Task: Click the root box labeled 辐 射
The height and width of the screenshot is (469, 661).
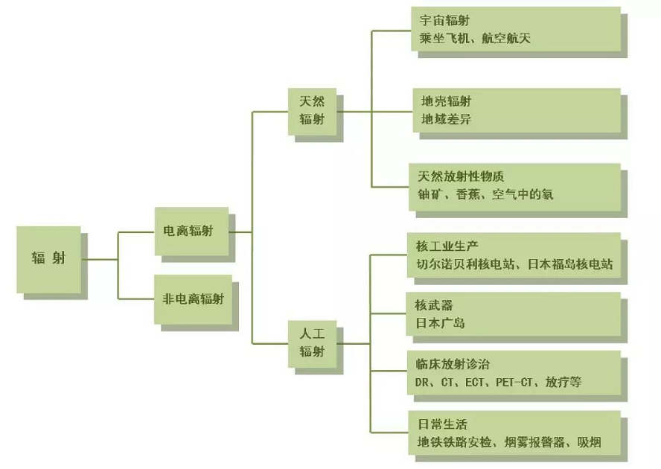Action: (48, 259)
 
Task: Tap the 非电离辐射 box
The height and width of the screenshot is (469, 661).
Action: (193, 299)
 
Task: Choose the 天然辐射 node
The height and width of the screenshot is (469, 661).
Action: (312, 110)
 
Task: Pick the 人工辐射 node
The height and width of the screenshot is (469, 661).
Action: (312, 342)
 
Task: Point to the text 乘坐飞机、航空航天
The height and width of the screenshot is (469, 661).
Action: (475, 39)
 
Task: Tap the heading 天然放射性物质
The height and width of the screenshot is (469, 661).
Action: (462, 177)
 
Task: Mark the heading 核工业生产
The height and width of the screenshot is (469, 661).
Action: (447, 246)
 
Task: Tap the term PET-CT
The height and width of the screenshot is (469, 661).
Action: (517, 383)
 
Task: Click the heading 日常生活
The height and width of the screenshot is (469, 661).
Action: (441, 424)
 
